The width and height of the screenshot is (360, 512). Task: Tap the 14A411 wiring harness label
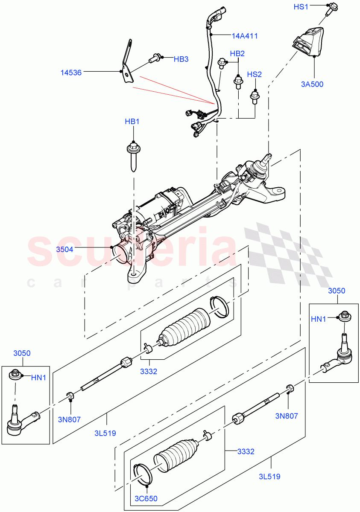(x=245, y=36)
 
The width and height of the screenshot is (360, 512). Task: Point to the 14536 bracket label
(x=71, y=73)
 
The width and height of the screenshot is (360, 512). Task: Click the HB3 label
(x=181, y=59)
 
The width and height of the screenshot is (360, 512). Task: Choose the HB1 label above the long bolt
(x=132, y=122)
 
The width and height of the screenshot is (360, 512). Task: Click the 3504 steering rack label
(x=65, y=249)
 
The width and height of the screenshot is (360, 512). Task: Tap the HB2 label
(x=237, y=54)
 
